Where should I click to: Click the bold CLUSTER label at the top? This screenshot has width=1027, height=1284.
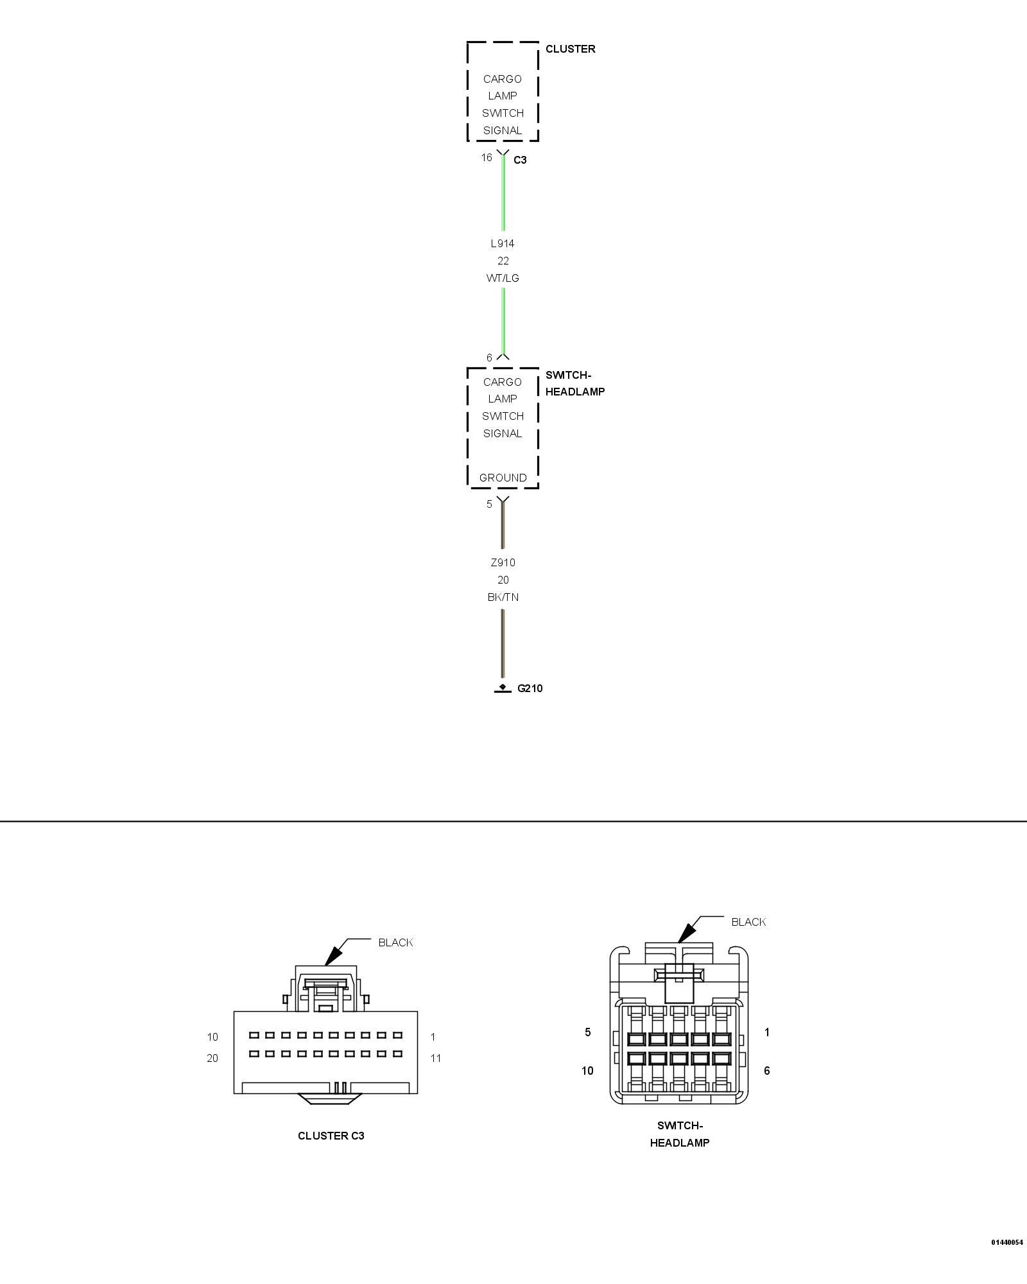[x=570, y=49]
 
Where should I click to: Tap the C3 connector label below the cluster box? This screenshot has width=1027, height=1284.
[x=520, y=160]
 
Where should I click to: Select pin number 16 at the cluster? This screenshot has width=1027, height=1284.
[x=487, y=157]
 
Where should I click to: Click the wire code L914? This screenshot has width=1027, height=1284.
[x=503, y=243]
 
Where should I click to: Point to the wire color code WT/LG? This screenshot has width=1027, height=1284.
[x=503, y=278]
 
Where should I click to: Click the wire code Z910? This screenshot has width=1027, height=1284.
[x=503, y=562]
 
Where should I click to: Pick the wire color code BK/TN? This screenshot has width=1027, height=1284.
[x=503, y=597]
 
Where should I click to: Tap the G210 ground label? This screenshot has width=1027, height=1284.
[x=530, y=688]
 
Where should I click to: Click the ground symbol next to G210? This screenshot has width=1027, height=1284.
[x=503, y=689]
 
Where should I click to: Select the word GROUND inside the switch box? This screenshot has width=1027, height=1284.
[x=503, y=478]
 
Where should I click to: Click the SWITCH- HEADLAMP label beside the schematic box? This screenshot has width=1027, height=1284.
[x=575, y=383]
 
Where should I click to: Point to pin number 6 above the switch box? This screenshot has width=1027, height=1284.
[x=489, y=358]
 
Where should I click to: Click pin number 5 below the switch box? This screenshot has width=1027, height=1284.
[x=489, y=504]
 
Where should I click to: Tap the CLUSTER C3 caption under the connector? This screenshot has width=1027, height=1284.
[x=331, y=1136]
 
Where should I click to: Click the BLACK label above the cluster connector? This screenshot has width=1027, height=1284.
[x=395, y=942]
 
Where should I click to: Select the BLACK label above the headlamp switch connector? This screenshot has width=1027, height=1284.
[x=748, y=922]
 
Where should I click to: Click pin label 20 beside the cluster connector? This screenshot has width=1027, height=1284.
[x=212, y=1058]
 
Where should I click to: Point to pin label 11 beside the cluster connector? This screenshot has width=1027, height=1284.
[x=436, y=1058]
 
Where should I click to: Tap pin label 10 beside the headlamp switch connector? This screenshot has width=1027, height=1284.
[x=587, y=1070]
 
